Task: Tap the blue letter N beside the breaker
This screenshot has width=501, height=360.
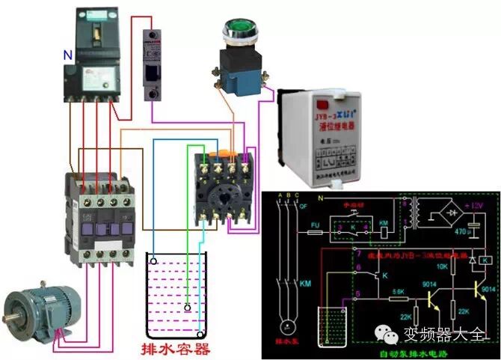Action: point(67,55)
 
